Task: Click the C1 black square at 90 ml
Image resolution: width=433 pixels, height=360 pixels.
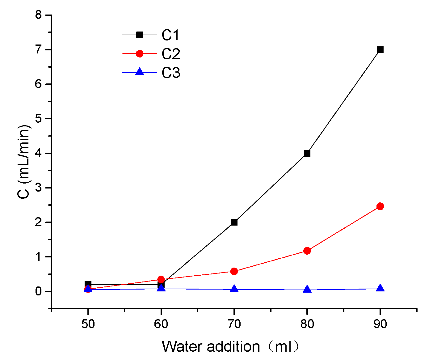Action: pos(380,50)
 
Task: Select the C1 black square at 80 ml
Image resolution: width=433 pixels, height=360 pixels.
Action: pos(307,153)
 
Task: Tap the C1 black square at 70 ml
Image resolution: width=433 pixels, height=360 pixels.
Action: pos(234,222)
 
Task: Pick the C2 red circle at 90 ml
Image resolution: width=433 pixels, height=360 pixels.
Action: pos(380,206)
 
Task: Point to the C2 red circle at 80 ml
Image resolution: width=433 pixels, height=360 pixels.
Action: pos(307,251)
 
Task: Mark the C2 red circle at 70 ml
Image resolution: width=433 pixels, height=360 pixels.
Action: pos(234,271)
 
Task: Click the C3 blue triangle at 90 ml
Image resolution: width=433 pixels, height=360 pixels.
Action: pos(380,288)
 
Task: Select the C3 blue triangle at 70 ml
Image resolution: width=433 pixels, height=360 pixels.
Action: pos(234,289)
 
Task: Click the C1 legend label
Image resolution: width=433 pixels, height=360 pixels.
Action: pos(171,35)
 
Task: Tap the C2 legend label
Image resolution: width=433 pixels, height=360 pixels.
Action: pos(171,54)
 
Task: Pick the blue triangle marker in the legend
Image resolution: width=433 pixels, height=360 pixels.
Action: pos(140,72)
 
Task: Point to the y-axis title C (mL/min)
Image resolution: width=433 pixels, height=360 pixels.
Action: pos(24,161)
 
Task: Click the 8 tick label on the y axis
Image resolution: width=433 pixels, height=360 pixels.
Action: pos(38,15)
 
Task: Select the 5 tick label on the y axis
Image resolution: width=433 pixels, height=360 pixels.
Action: pos(38,119)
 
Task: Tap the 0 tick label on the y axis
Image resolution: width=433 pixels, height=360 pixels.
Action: pos(38,291)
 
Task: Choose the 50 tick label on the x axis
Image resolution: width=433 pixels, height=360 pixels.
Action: pos(88,324)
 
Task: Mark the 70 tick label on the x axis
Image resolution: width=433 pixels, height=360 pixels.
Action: pos(234,324)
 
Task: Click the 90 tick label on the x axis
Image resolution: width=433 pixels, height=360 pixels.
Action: pos(380,324)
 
